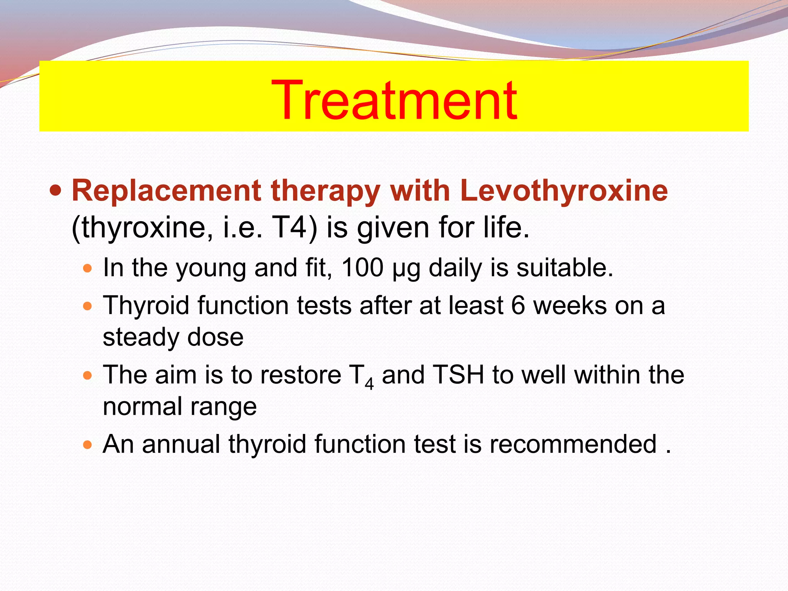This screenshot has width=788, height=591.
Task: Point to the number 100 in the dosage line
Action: [x=362, y=268]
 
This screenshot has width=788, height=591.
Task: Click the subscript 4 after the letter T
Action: [x=369, y=384]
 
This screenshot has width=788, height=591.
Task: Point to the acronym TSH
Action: [x=458, y=375]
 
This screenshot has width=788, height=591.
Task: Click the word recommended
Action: [x=573, y=444]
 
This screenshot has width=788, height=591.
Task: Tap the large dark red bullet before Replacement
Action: [x=56, y=190]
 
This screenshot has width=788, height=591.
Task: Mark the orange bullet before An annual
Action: [x=88, y=445]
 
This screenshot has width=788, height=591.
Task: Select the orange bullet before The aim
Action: [x=88, y=375]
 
